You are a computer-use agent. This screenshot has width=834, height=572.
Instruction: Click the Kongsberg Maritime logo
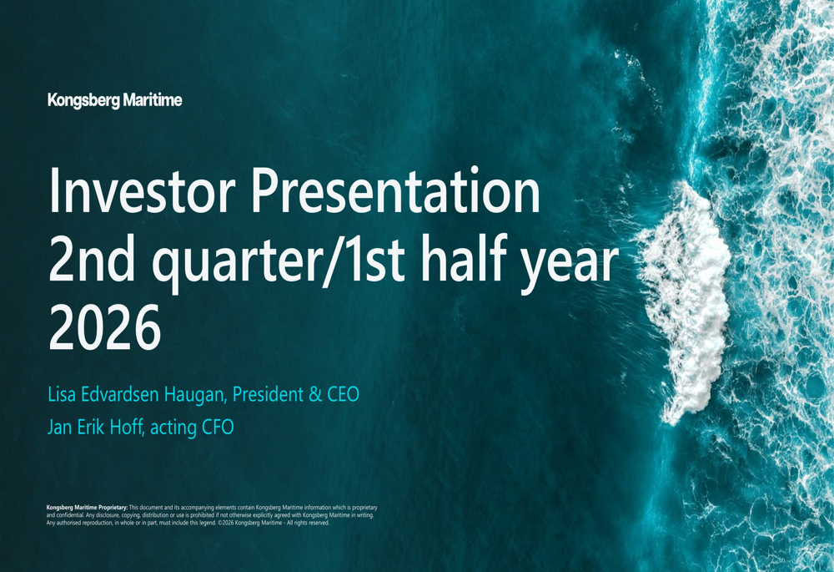[115, 101]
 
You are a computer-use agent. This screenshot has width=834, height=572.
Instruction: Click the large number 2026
[105, 327]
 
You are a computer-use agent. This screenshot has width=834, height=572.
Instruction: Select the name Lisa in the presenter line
[62, 395]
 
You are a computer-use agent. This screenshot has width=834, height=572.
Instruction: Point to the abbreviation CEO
[343, 395]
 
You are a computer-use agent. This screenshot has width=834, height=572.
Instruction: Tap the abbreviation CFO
[218, 428]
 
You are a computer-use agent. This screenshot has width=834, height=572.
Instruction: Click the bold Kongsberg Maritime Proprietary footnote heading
[88, 508]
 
